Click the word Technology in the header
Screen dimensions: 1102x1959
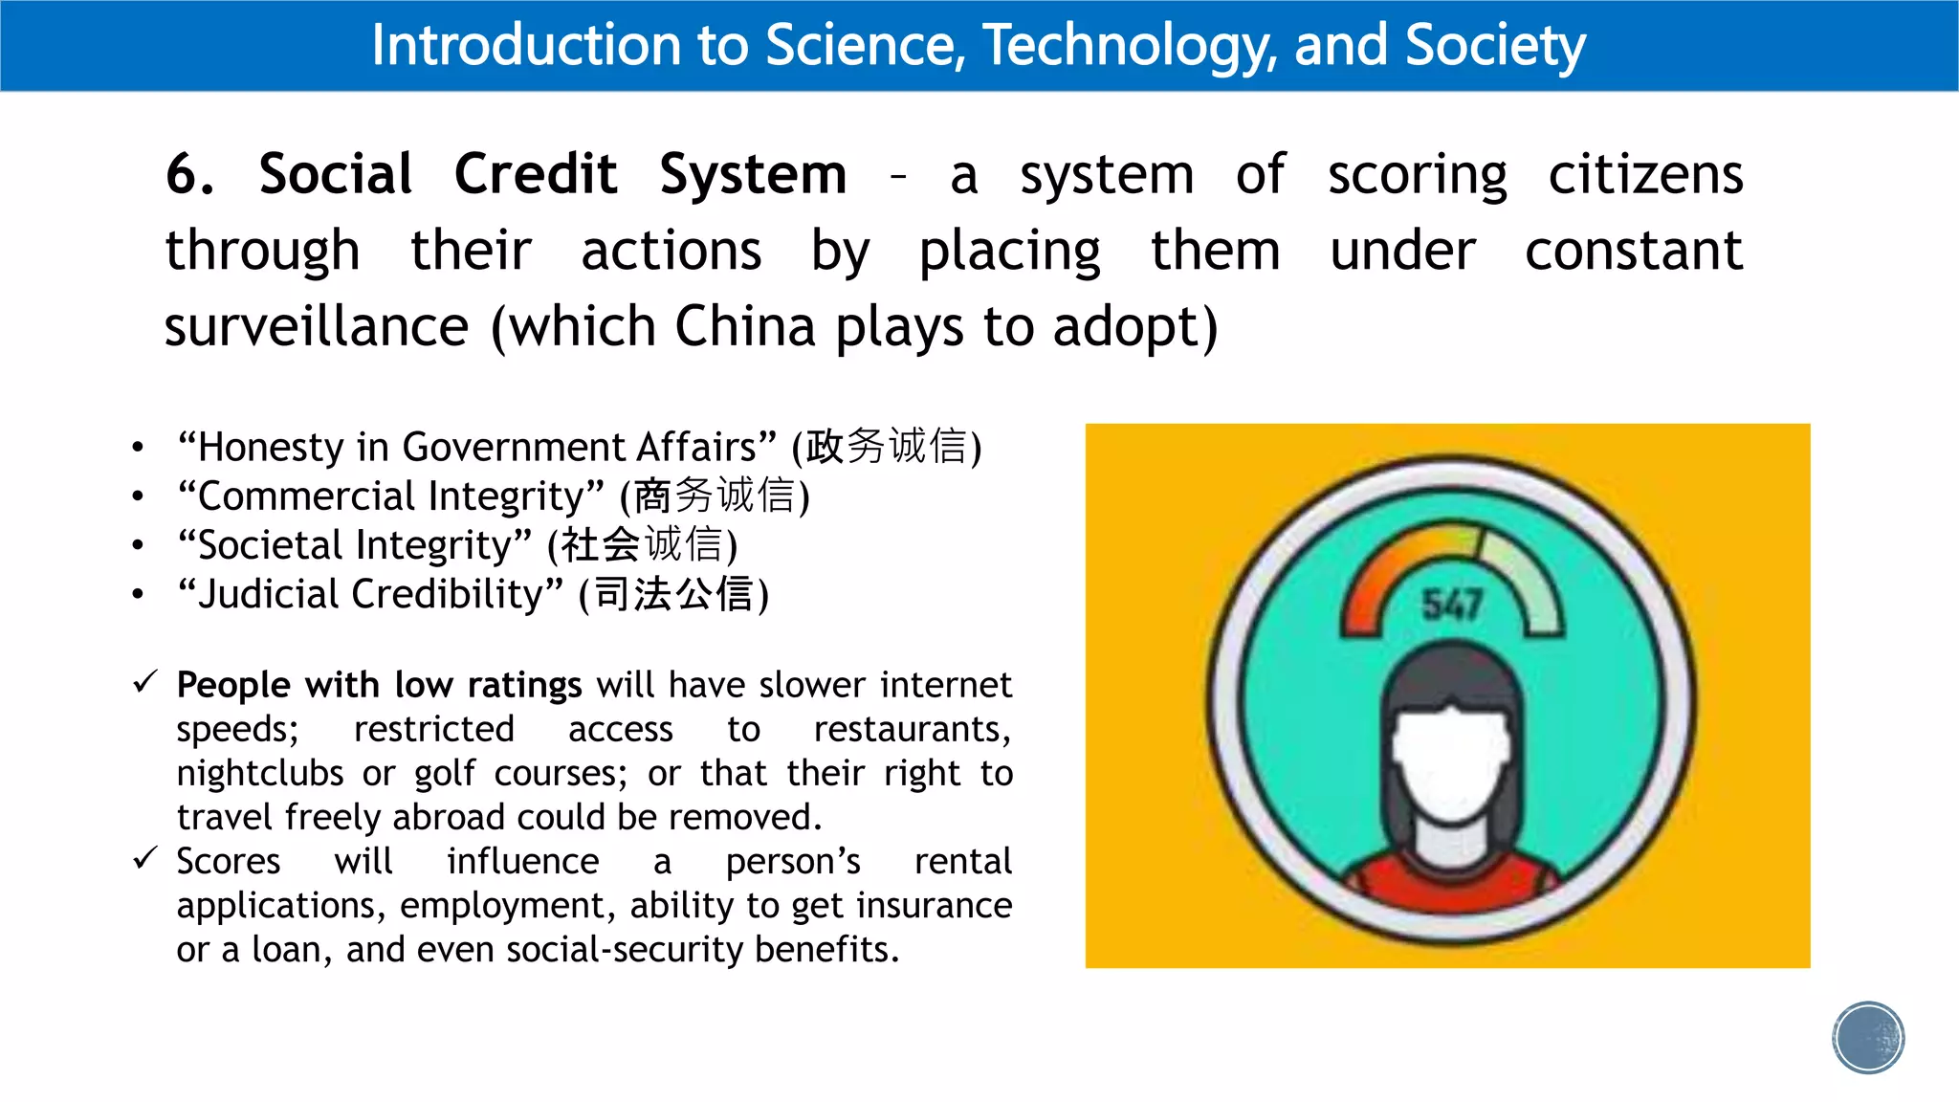click(1130, 46)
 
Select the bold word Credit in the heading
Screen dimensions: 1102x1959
click(536, 174)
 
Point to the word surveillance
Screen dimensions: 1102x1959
click(317, 326)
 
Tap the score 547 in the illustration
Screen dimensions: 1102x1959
click(1452, 605)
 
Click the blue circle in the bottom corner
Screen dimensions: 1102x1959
click(1868, 1038)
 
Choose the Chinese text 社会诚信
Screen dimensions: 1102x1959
click(641, 545)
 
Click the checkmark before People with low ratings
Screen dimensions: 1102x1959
click(145, 682)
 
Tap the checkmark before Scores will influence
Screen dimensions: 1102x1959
click(145, 858)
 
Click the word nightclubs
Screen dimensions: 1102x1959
click(260, 773)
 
